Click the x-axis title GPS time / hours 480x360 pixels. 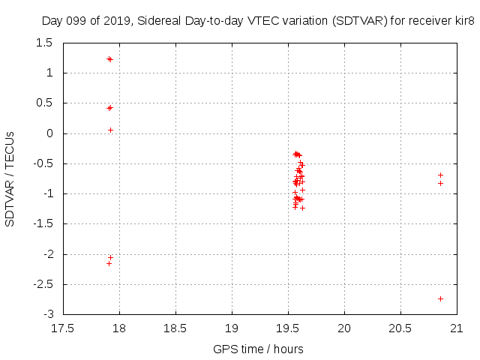(258, 349)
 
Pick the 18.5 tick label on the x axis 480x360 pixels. (175, 328)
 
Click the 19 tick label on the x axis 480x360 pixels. (232, 328)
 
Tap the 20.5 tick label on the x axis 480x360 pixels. (400, 328)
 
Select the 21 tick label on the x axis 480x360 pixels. (457, 328)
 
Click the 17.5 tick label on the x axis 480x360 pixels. (63, 328)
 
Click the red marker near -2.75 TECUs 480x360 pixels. (440, 298)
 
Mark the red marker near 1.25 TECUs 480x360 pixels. (109, 58)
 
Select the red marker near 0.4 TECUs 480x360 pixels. (109, 108)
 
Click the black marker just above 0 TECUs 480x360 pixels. (110, 130)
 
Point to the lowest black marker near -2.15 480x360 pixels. (109, 263)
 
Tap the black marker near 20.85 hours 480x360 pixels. (440, 175)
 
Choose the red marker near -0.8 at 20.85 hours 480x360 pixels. (440, 183)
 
